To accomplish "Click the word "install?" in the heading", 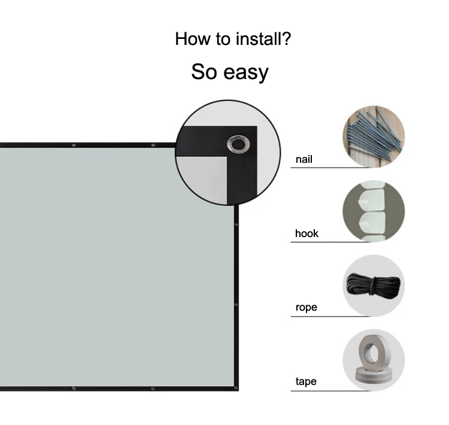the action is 262,40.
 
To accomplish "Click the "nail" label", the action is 304,160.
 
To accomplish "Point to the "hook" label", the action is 307,233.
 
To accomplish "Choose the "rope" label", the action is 306,308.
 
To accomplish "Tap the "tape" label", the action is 305,381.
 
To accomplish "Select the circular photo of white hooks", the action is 373,211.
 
